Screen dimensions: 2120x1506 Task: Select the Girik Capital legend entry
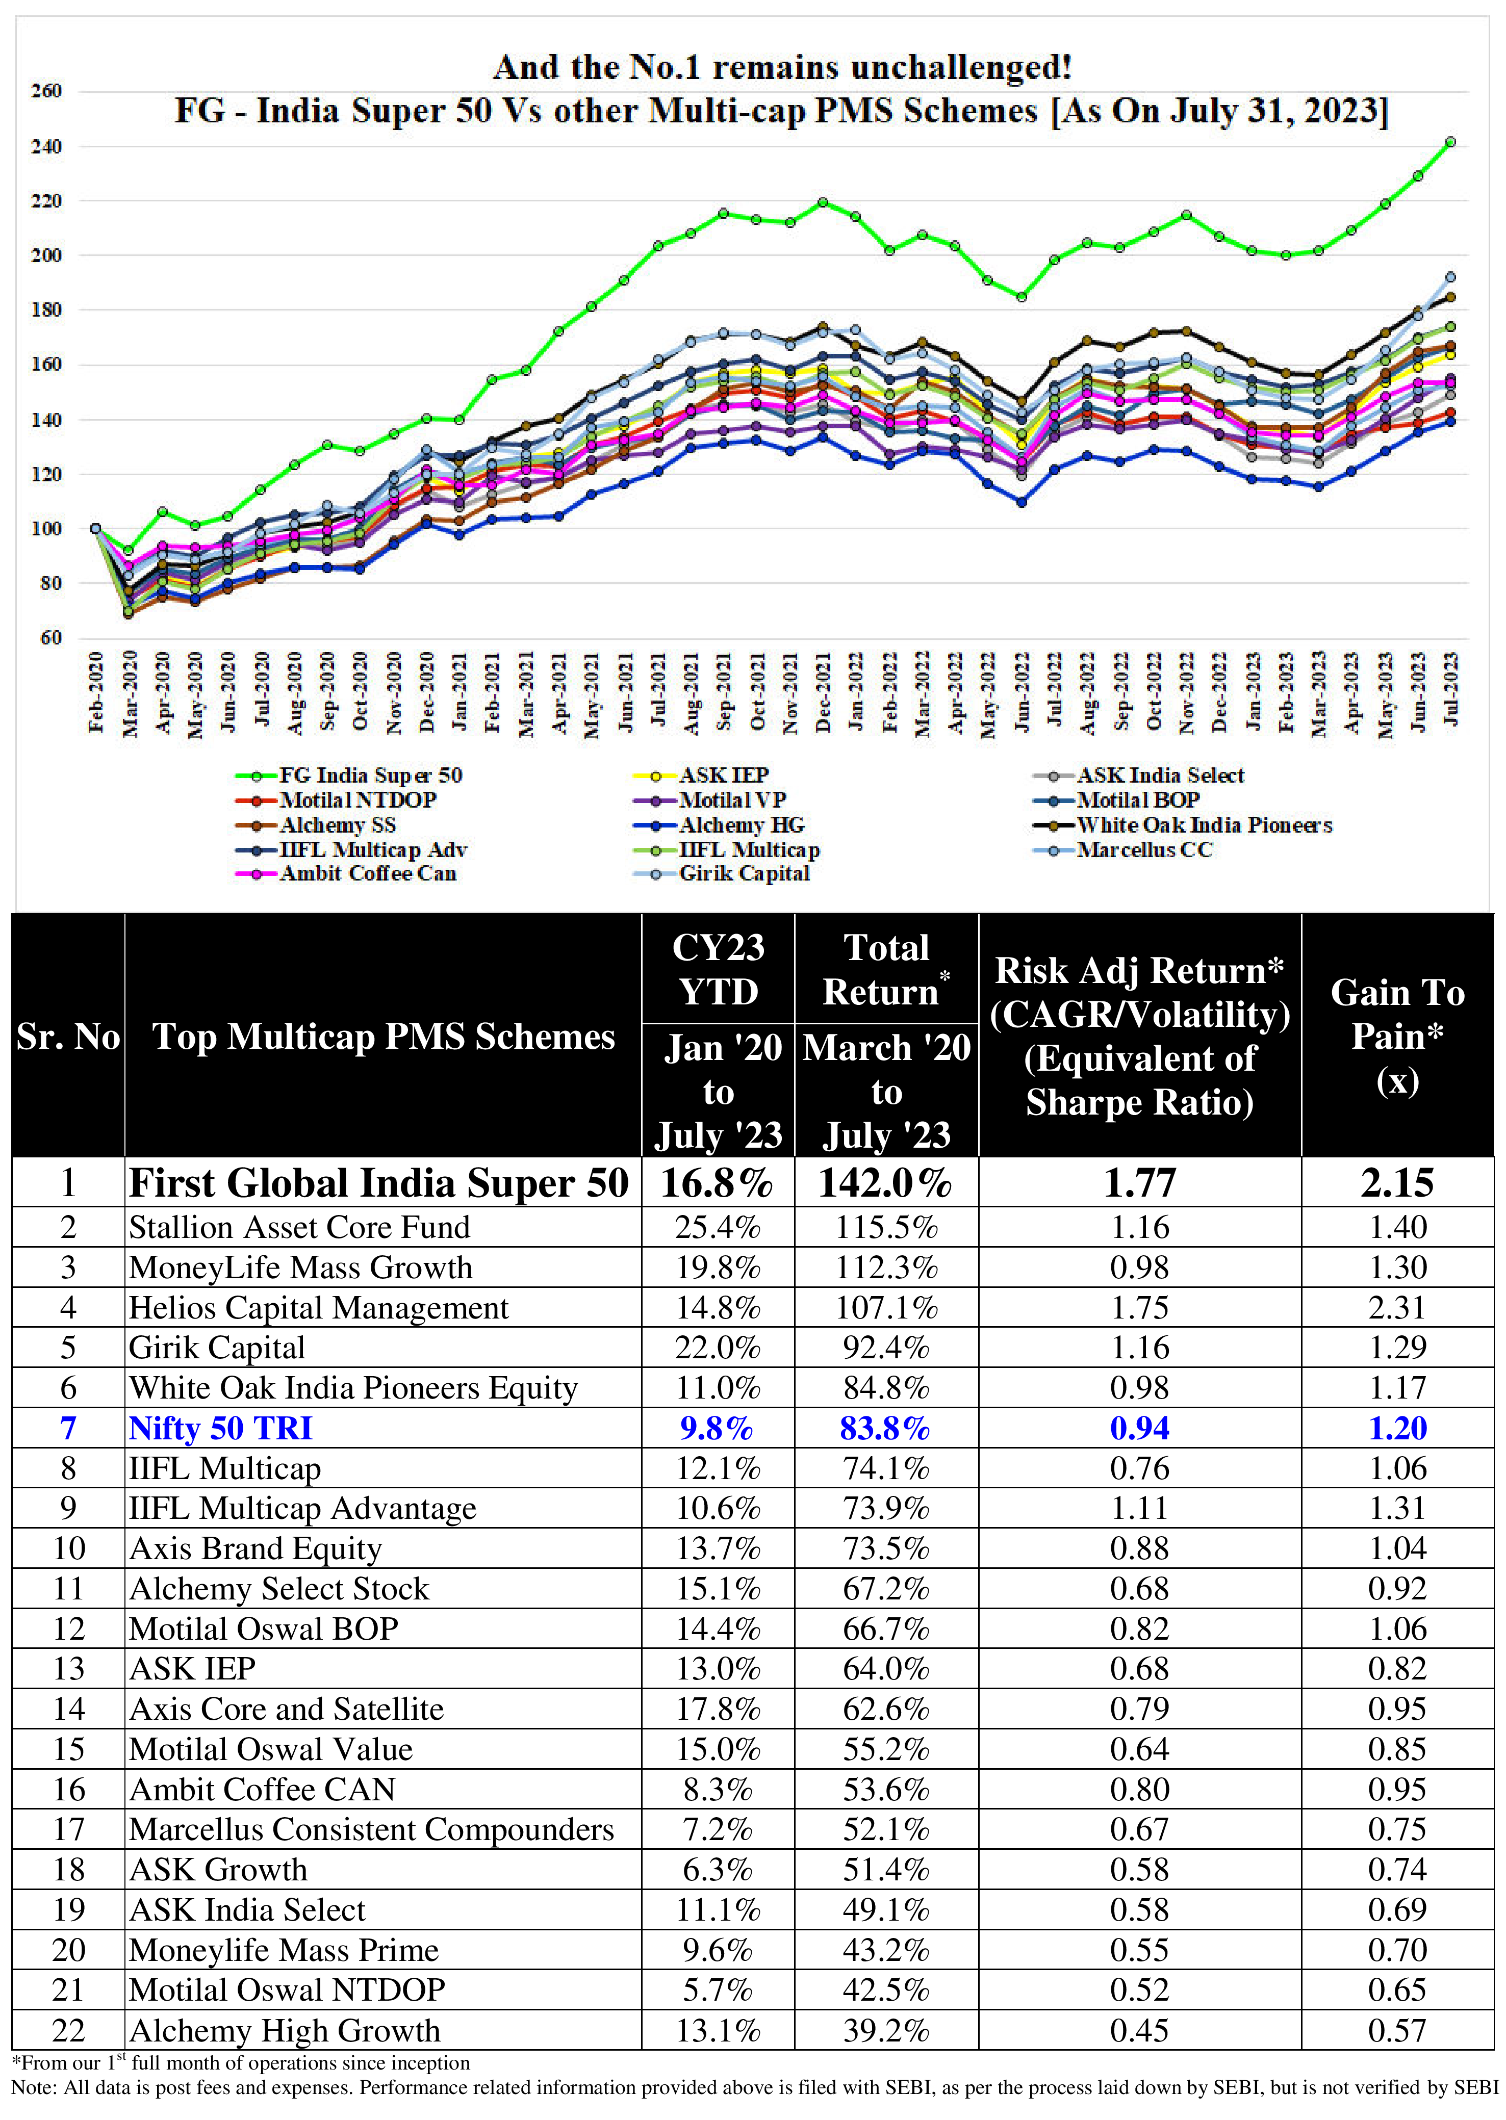tap(744, 874)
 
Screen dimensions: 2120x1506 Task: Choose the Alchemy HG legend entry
tap(742, 825)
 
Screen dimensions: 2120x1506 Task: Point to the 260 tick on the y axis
tap(46, 91)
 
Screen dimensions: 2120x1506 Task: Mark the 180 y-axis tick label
tap(46, 309)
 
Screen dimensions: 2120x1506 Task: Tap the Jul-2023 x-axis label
tap(1451, 690)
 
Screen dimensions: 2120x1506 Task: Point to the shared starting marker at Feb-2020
tap(95, 528)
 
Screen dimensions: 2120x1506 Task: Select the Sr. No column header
tap(68, 1037)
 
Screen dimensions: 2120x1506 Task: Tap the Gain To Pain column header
tap(1397, 1037)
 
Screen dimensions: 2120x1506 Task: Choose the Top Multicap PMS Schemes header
tap(383, 1037)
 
